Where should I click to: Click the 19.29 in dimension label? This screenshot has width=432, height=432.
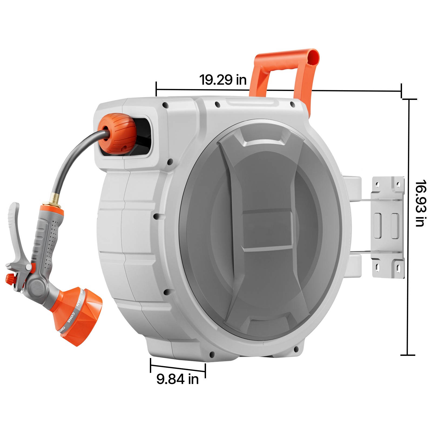[223, 80]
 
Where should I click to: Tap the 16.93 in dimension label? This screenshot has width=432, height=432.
[420, 203]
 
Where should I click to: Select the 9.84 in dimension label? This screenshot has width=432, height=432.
[177, 379]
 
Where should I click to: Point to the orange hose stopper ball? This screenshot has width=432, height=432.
[117, 134]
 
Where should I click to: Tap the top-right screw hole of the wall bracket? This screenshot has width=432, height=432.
[398, 185]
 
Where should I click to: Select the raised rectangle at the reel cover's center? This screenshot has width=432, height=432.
[267, 231]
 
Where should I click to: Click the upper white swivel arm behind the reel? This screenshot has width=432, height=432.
[354, 188]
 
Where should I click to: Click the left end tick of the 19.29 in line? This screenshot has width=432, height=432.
[156, 89]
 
